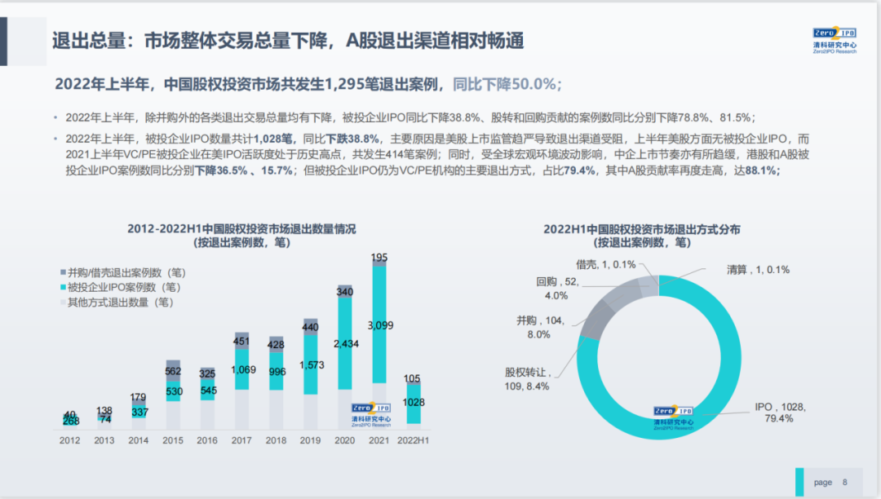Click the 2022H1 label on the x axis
tap(414, 440)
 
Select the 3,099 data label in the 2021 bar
tap(379, 326)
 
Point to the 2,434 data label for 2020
tap(345, 343)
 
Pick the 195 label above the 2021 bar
tap(379, 258)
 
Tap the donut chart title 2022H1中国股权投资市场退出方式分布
tap(642, 229)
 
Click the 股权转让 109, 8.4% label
tap(527, 379)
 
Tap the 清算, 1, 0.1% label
tap(758, 269)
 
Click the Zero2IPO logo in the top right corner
tap(835, 40)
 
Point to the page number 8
tap(845, 482)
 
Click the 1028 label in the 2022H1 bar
tap(414, 402)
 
